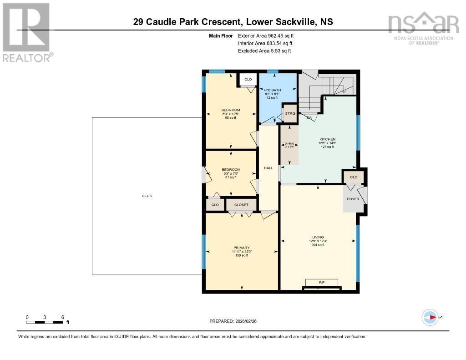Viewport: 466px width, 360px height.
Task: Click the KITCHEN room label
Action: coord(327,139)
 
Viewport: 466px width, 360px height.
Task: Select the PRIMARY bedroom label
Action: coord(242,248)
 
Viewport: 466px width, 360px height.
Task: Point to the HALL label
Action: coord(268,168)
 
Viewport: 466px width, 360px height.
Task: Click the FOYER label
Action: coord(353,199)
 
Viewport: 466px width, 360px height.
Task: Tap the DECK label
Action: coord(147,196)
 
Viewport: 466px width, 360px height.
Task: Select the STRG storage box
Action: coord(290,113)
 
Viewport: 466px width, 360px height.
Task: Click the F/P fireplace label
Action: coord(321,282)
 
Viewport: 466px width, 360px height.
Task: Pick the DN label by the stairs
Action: coord(309,118)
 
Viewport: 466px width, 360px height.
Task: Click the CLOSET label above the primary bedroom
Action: coord(241,205)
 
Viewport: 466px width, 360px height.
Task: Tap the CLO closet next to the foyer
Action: coord(354,177)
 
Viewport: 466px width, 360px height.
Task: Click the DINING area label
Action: coord(289,144)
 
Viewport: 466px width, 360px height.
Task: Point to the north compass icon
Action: coord(430,317)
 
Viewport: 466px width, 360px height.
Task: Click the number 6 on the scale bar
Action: coord(62,317)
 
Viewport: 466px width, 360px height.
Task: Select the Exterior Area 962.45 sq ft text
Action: coord(269,35)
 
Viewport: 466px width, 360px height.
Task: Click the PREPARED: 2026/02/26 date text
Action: coord(233,321)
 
